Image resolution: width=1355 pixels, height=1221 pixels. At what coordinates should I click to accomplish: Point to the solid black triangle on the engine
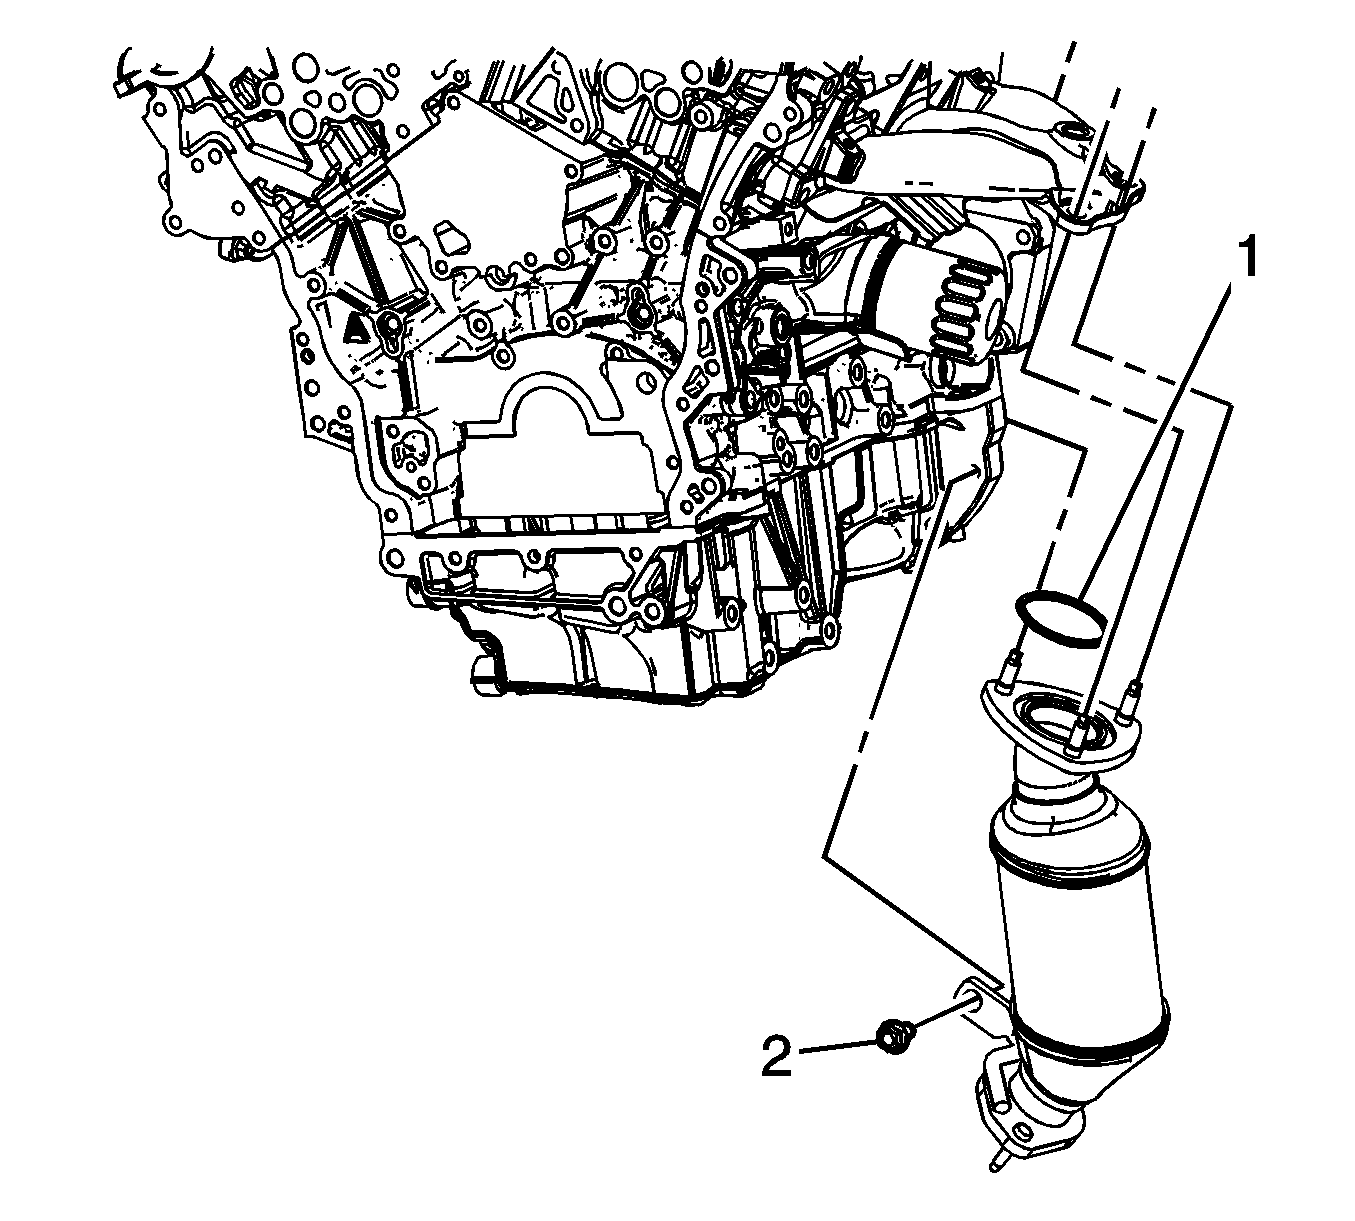tap(356, 331)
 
